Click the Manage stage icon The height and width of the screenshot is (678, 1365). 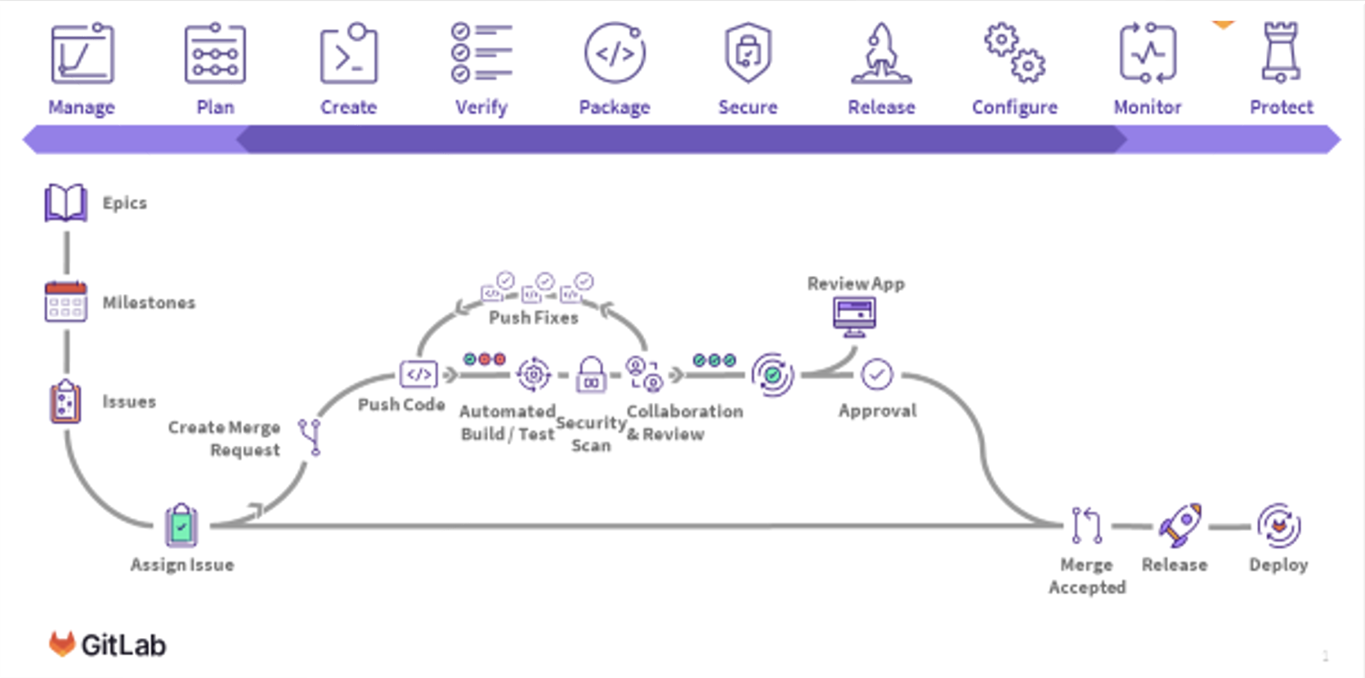[82, 54]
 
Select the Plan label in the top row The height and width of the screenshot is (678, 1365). [215, 107]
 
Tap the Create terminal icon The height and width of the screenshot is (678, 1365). [349, 54]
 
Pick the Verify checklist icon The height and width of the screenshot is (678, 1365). [481, 53]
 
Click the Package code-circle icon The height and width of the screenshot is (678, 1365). [615, 53]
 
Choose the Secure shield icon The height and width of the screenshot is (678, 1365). [748, 53]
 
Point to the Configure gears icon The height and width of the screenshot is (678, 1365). [1014, 53]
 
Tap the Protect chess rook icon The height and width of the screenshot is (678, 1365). [1281, 53]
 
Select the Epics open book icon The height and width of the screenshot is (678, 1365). [66, 203]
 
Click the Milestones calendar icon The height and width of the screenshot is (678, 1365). [66, 302]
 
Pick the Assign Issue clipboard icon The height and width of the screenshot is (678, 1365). [181, 525]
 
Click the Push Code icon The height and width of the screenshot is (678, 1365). [418, 374]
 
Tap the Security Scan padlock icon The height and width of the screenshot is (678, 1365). [591, 375]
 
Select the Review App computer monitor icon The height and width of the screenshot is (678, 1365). [855, 316]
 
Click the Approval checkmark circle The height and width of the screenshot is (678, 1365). [877, 375]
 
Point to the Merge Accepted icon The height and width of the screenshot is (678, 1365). [1086, 525]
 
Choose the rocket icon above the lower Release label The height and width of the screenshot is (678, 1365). [1179, 524]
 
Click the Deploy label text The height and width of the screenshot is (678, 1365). [1278, 564]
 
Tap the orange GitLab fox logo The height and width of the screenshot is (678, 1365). [62, 644]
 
